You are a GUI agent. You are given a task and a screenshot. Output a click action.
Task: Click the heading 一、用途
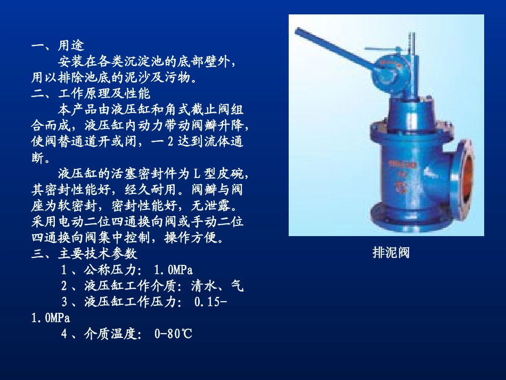point(58,46)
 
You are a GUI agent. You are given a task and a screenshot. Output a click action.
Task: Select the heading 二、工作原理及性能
point(91,94)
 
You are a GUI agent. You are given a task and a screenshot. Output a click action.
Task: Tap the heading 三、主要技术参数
point(84,254)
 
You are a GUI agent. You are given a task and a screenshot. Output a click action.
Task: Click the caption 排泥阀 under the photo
point(391,252)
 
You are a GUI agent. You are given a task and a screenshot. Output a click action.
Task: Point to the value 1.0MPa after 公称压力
point(173,270)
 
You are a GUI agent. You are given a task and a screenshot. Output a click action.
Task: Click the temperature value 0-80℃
point(173,334)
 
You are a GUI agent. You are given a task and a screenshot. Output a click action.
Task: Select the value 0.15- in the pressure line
point(211,302)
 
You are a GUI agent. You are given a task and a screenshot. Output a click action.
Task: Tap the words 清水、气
point(217,286)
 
